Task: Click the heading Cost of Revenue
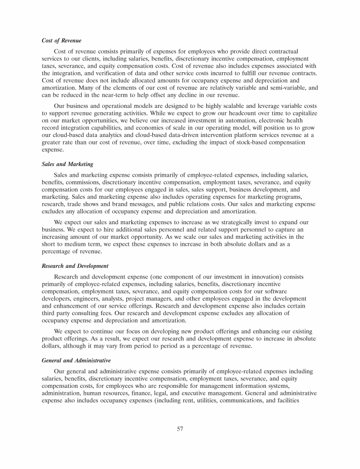point(61,41)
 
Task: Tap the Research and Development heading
point(75,266)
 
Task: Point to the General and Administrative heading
point(76,361)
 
